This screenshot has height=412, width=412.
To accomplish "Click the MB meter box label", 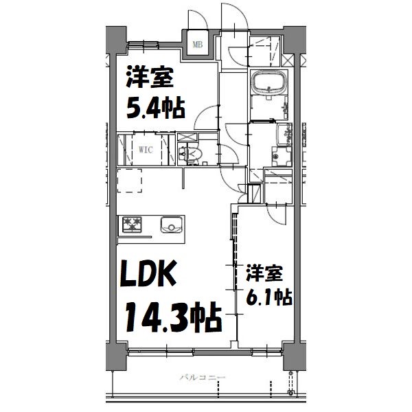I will click(x=198, y=45).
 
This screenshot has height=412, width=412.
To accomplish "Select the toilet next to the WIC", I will click(x=189, y=155).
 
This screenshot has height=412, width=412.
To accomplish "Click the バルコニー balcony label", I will click(x=203, y=378).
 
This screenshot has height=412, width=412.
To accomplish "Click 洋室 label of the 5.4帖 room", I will click(x=148, y=78).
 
